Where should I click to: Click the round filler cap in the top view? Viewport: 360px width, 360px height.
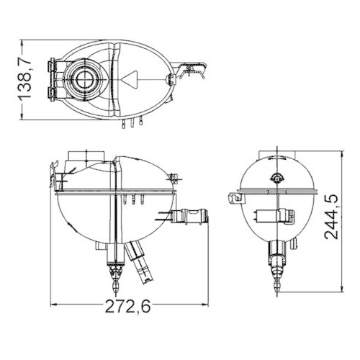[x=86, y=78]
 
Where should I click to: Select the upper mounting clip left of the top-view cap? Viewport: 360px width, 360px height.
[x=52, y=66]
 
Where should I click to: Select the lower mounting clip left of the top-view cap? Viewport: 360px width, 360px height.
[x=52, y=91]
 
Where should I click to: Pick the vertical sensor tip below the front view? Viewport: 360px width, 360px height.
[x=112, y=274]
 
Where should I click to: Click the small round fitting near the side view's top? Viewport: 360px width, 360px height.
[x=275, y=178]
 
